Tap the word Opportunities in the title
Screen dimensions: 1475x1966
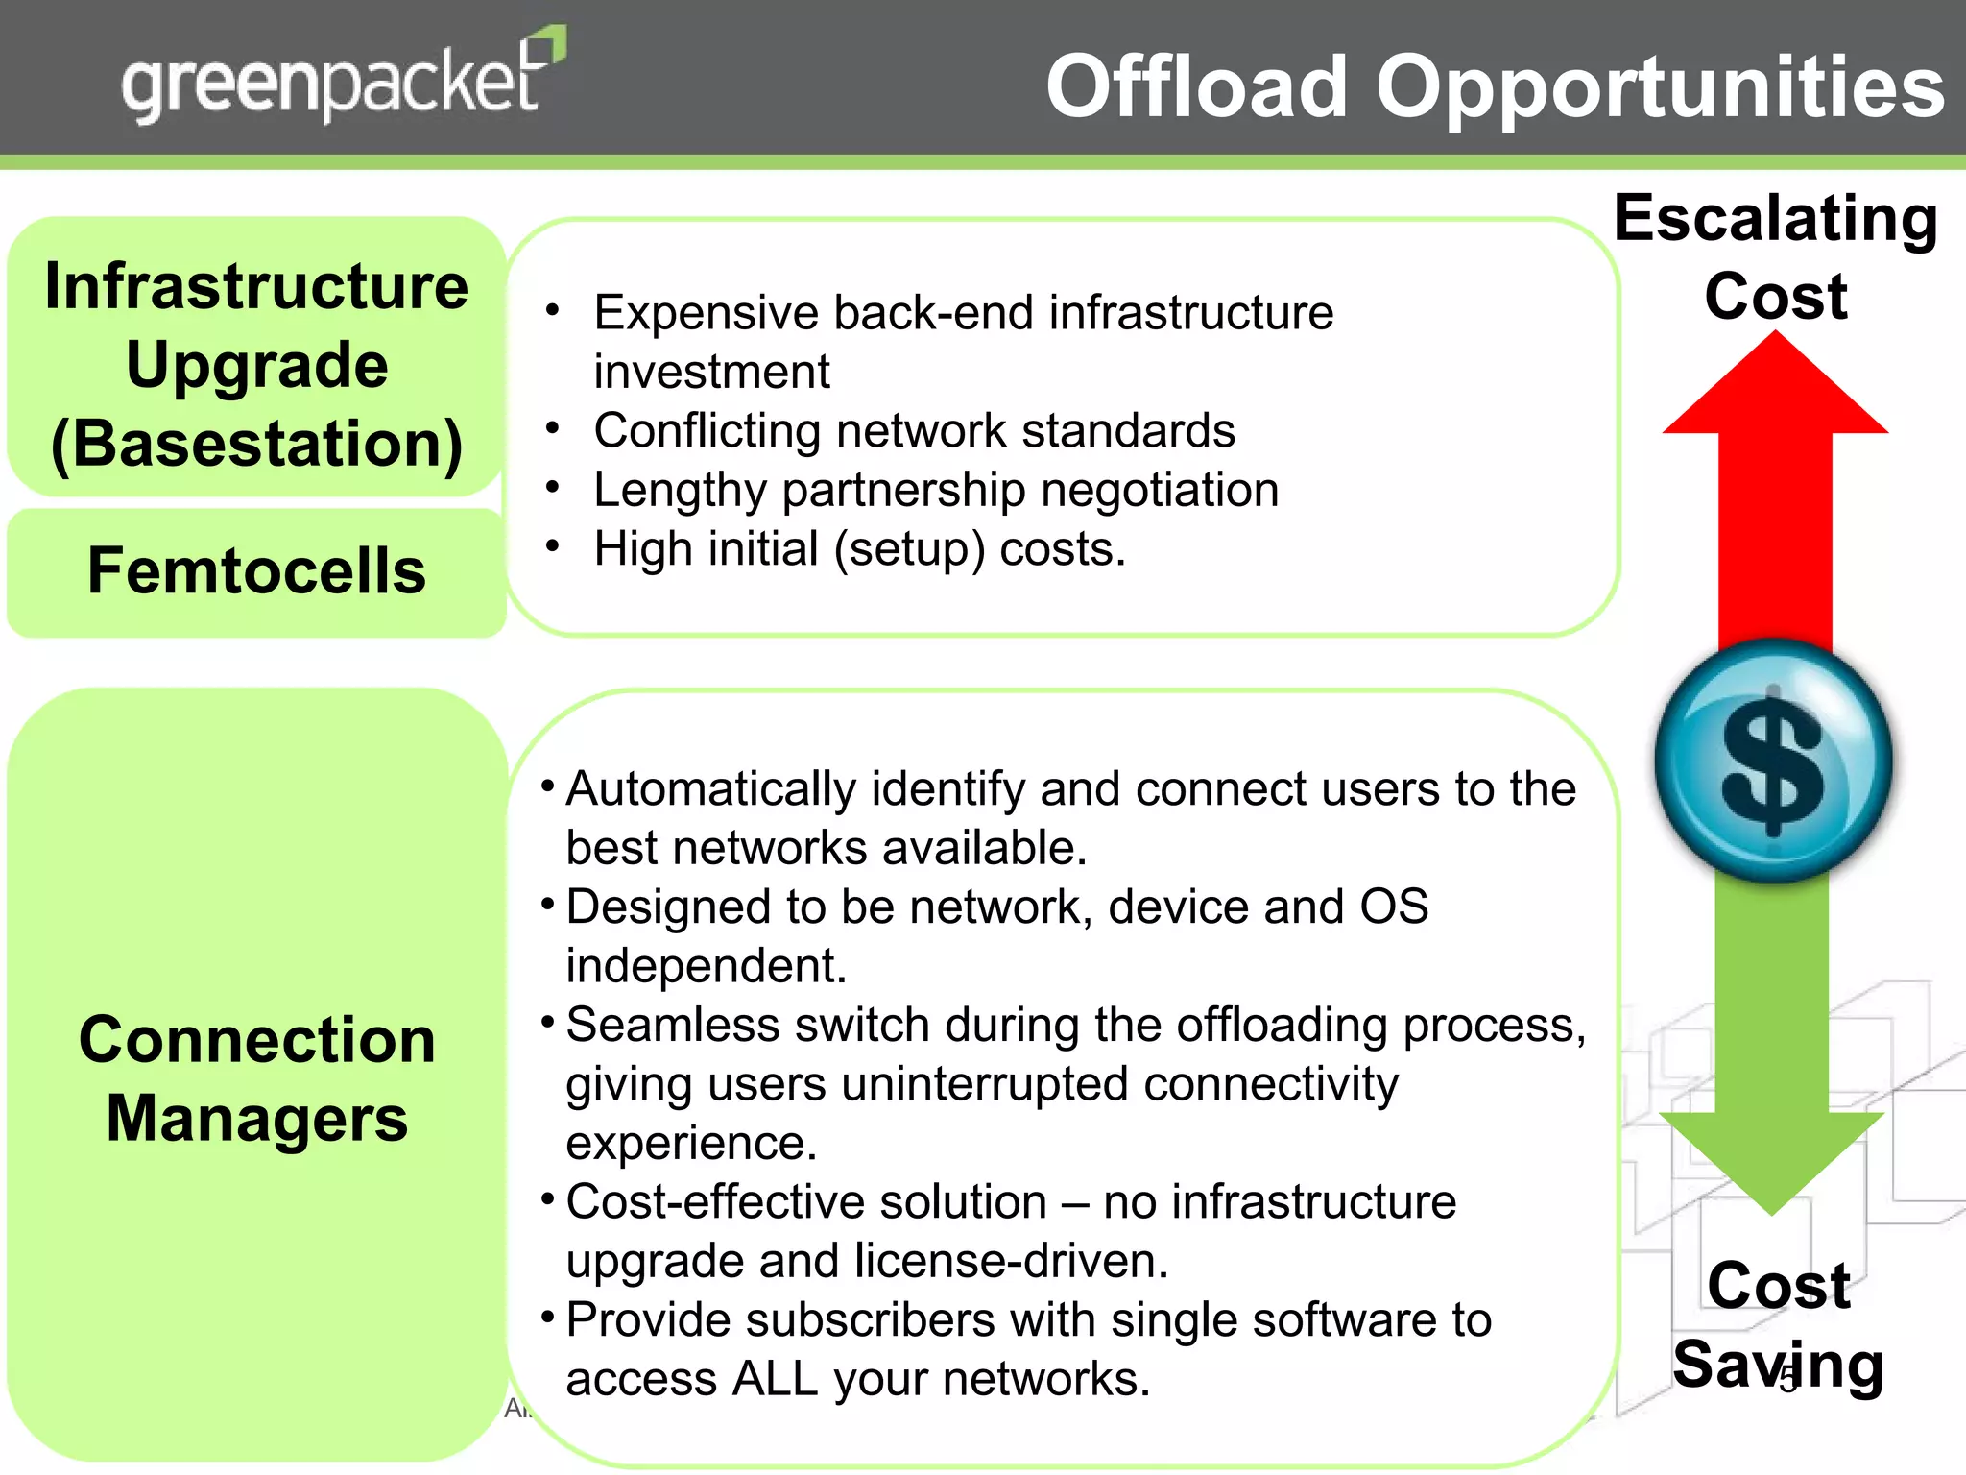pyautogui.click(x=1660, y=87)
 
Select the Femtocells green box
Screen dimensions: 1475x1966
pyautogui.click(x=256, y=571)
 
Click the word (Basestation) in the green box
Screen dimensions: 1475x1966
pyautogui.click(x=256, y=445)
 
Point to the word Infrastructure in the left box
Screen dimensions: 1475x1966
pyautogui.click(x=256, y=287)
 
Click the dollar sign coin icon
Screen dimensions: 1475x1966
pyautogui.click(x=1773, y=761)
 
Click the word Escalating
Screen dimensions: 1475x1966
pyautogui.click(x=1776, y=219)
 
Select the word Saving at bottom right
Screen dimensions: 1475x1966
pyautogui.click(x=1778, y=1365)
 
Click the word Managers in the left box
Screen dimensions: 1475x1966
pyautogui.click(x=256, y=1119)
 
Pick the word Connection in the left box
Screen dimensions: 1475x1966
pyautogui.click(x=256, y=1040)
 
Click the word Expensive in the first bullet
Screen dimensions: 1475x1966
pyautogui.click(x=705, y=314)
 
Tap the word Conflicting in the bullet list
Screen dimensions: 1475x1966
pyautogui.click(x=707, y=431)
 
